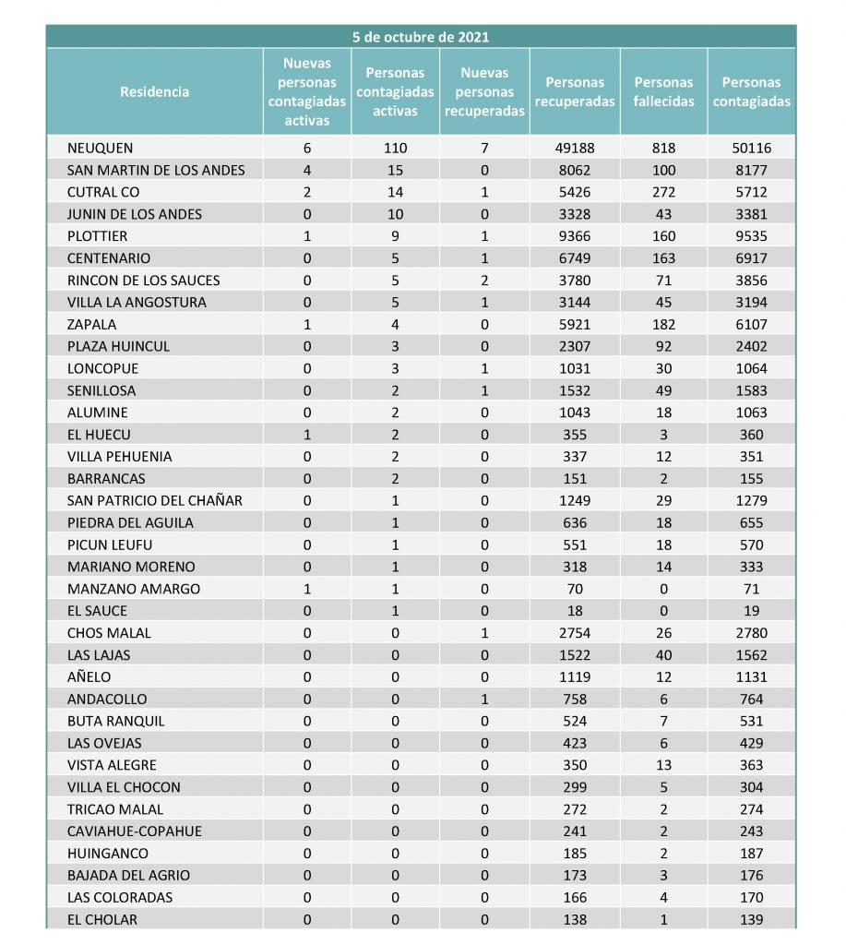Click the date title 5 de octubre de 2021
[x=421, y=37]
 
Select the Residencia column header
[x=155, y=91]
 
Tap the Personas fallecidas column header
[x=663, y=91]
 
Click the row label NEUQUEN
[x=101, y=148]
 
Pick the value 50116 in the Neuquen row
[x=751, y=148]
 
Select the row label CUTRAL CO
[x=102, y=192]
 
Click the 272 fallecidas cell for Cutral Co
[x=663, y=192]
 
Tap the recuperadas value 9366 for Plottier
[x=575, y=236]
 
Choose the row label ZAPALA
[x=92, y=324]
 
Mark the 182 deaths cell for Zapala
[x=663, y=324]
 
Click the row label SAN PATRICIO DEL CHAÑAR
[x=154, y=500]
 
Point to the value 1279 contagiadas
[x=751, y=500]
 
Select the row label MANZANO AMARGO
[x=134, y=589]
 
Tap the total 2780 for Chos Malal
[x=751, y=633]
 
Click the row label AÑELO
[x=89, y=676]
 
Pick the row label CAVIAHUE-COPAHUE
[x=135, y=831]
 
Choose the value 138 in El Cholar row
[x=575, y=919]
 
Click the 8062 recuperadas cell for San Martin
[x=575, y=170]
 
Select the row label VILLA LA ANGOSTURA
[x=137, y=302]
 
